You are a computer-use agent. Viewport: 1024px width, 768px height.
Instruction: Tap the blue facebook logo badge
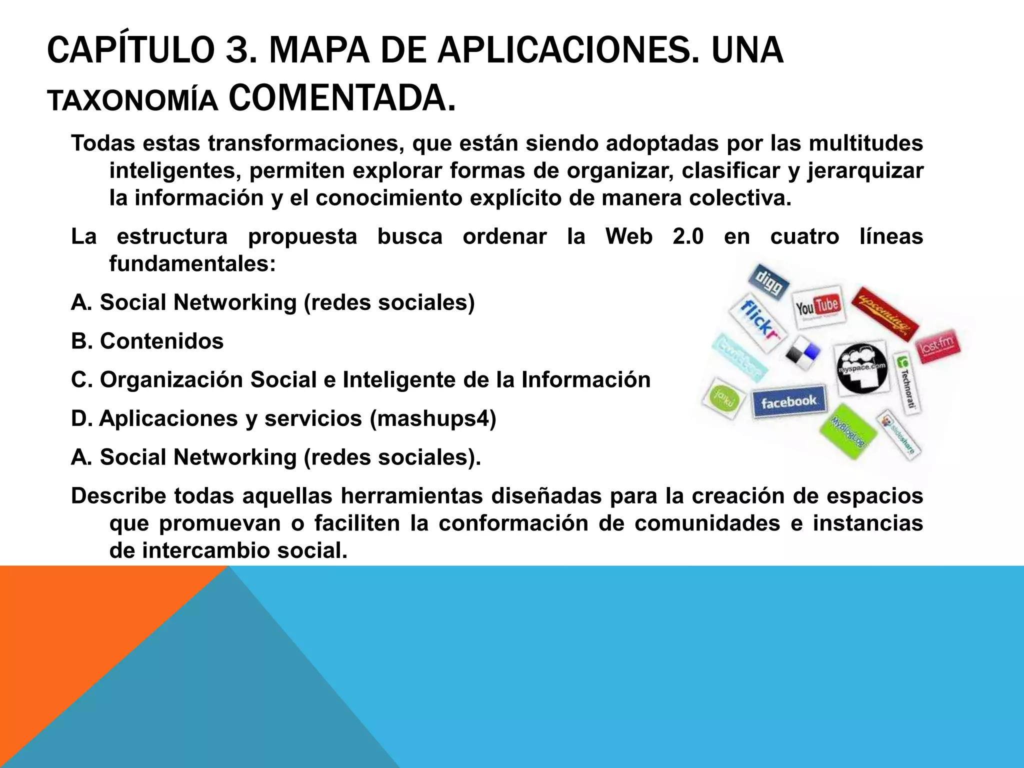coord(788,401)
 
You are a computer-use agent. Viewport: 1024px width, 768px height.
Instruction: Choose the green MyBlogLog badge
coord(848,431)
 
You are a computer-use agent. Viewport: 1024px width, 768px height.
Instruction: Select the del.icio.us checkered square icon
coord(802,352)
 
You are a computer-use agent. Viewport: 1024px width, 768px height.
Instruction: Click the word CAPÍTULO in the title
coord(130,51)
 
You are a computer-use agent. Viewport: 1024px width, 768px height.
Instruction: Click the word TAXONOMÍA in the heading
coord(132,101)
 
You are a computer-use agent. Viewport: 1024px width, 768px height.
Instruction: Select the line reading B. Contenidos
coord(147,341)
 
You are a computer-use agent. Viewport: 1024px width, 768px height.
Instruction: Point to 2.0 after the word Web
coord(688,236)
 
